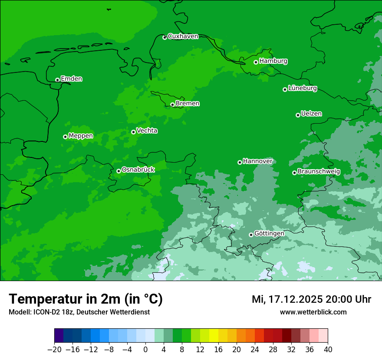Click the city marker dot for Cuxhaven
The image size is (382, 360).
(165, 37)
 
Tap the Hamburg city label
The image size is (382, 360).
(273, 61)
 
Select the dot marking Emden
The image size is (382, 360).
(57, 80)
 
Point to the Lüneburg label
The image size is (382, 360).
(302, 88)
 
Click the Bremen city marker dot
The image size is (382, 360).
(172, 105)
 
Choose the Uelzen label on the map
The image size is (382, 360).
(311, 114)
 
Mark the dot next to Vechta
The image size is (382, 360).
(133, 132)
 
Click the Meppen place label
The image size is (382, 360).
(81, 136)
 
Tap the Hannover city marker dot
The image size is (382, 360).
(240, 162)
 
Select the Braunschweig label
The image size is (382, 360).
(319, 172)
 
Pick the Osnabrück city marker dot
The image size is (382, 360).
(119, 171)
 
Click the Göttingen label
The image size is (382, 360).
(269, 233)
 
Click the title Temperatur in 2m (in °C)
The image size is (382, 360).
(86, 299)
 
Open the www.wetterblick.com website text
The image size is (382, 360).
(313, 312)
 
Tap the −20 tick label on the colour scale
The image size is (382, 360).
(54, 350)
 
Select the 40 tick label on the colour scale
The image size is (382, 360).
(328, 350)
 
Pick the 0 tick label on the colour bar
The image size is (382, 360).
(145, 350)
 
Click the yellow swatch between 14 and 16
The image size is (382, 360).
(214, 336)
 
